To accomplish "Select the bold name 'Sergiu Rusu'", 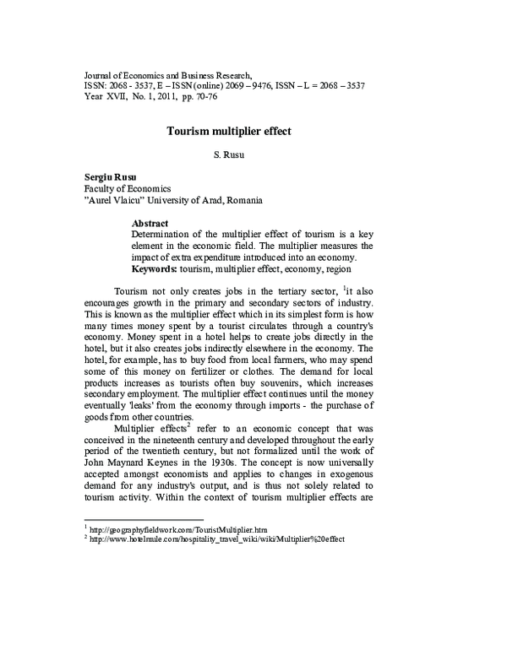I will point(109,176).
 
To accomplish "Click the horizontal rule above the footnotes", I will point(144,520).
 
